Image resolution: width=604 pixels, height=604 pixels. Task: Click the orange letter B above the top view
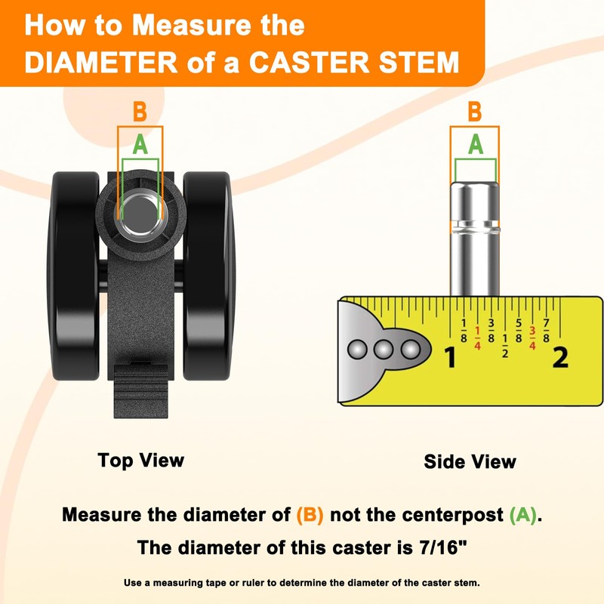click(140, 112)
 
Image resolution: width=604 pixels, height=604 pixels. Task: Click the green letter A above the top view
click(140, 144)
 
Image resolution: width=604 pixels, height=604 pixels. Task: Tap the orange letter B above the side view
click(475, 112)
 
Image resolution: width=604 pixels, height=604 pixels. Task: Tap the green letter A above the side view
click(476, 144)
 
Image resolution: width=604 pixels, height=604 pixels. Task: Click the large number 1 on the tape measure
click(450, 357)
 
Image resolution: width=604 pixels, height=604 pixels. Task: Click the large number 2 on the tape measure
click(560, 357)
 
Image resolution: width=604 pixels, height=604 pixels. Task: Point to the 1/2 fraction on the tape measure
click(505, 346)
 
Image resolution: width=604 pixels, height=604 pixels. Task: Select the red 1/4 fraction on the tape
click(478, 337)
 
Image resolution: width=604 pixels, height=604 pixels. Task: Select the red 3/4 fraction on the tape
click(532, 337)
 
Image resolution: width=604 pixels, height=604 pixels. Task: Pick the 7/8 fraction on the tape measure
click(546, 331)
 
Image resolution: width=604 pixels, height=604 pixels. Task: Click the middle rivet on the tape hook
click(384, 350)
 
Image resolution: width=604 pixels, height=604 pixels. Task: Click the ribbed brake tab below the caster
click(141, 390)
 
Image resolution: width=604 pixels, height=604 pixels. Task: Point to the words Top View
click(141, 461)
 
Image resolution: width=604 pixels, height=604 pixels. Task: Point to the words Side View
click(470, 461)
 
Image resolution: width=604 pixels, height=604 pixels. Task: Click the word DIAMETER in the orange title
click(101, 62)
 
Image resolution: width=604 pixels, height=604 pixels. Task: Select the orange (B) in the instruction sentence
click(310, 515)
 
